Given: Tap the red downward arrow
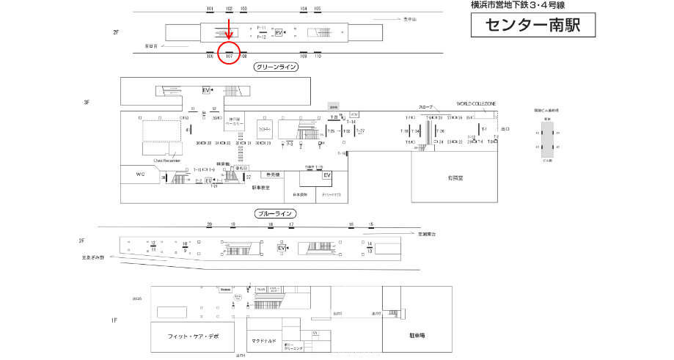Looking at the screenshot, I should [x=229, y=30].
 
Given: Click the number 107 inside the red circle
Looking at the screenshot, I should [x=229, y=56].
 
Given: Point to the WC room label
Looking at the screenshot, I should [x=141, y=175].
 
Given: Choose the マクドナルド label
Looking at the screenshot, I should [x=263, y=340].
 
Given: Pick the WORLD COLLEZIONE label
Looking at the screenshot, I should [x=476, y=104].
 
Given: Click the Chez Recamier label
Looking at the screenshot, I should [x=166, y=159].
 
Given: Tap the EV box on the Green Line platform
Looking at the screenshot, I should [x=279, y=33].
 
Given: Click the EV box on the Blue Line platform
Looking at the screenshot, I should [x=281, y=249].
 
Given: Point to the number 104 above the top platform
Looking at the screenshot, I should [x=304, y=9].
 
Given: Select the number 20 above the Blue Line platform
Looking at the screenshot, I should [x=209, y=224].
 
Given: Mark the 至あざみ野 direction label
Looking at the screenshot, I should [x=93, y=257].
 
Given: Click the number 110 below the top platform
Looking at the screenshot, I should [x=318, y=56].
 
